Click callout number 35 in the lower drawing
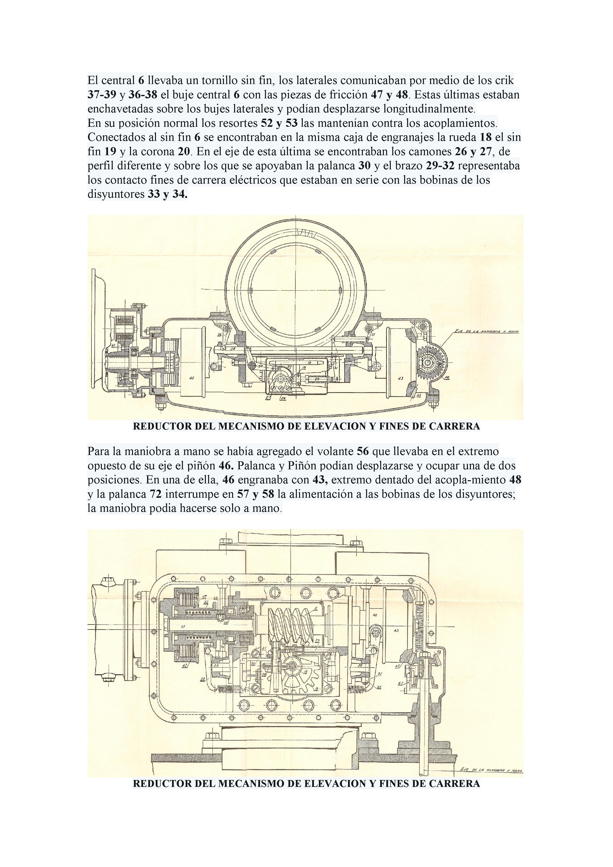(x=183, y=626)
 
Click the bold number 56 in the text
(x=362, y=451)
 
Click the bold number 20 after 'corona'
(x=185, y=152)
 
